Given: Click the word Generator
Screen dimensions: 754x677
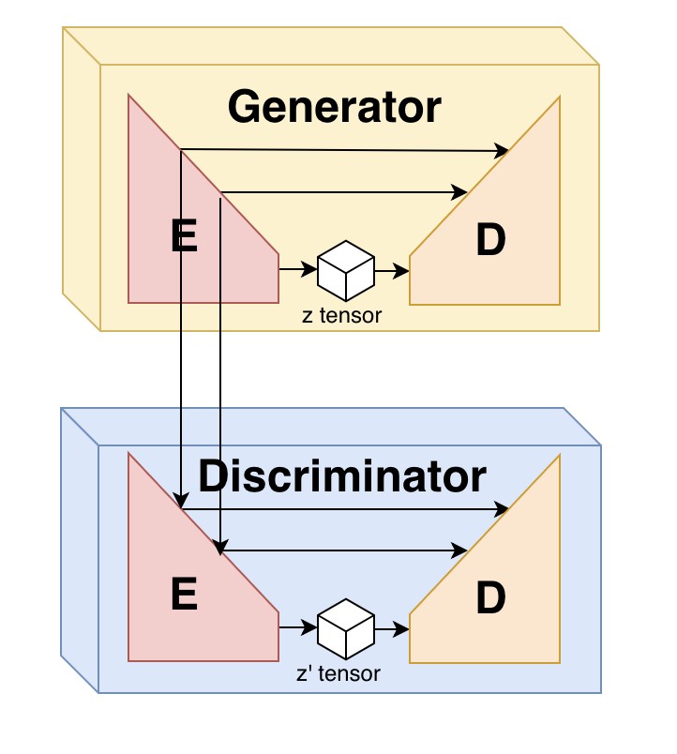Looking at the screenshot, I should click(334, 108).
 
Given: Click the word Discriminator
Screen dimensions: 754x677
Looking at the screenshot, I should click(342, 477).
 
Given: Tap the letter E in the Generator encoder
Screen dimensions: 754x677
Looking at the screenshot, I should click(185, 236).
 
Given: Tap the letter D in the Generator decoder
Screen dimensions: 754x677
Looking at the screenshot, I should click(490, 241).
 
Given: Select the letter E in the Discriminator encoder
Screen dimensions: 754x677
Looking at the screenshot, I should click(185, 595).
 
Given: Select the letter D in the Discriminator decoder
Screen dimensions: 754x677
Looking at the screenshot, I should click(490, 598).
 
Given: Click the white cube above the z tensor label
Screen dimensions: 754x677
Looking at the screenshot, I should click(345, 270).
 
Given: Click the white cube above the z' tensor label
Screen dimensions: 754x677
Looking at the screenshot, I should click(345, 628).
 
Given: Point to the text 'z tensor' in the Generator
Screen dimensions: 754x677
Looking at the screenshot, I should click(342, 316).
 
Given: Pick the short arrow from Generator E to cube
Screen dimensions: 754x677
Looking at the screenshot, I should click(297, 270).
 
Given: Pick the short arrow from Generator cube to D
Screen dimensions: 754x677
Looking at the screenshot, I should click(392, 271).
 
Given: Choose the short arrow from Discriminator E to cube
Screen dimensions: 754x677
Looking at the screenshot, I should click(297, 628).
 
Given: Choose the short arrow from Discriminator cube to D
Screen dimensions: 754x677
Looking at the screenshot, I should click(392, 629).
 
